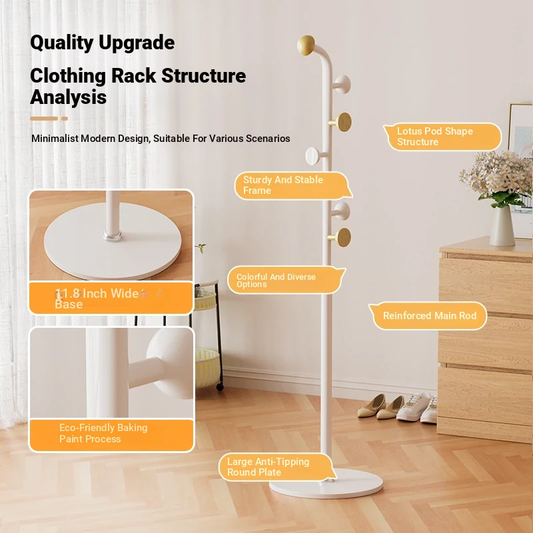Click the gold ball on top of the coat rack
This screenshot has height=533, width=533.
point(306,45)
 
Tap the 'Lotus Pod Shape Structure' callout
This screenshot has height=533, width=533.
point(442,137)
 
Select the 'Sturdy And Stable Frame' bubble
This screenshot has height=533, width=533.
point(293,186)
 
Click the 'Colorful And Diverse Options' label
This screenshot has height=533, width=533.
point(286,280)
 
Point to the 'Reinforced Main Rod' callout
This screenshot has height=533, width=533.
point(428,315)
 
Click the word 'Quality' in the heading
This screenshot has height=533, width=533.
point(61,43)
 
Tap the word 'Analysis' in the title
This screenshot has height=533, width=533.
point(69,97)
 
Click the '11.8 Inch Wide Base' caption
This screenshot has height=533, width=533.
point(97,298)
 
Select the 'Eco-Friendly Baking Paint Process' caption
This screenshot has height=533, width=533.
point(103,433)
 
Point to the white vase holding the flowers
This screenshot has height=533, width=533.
point(502,225)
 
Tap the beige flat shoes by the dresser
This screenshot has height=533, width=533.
point(380,407)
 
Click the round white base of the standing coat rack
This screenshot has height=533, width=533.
point(326,484)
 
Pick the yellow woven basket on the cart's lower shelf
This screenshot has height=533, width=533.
point(207,368)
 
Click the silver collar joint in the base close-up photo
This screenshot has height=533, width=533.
point(113,235)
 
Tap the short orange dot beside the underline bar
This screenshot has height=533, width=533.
point(65,119)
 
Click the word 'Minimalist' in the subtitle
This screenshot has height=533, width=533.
point(55,139)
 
